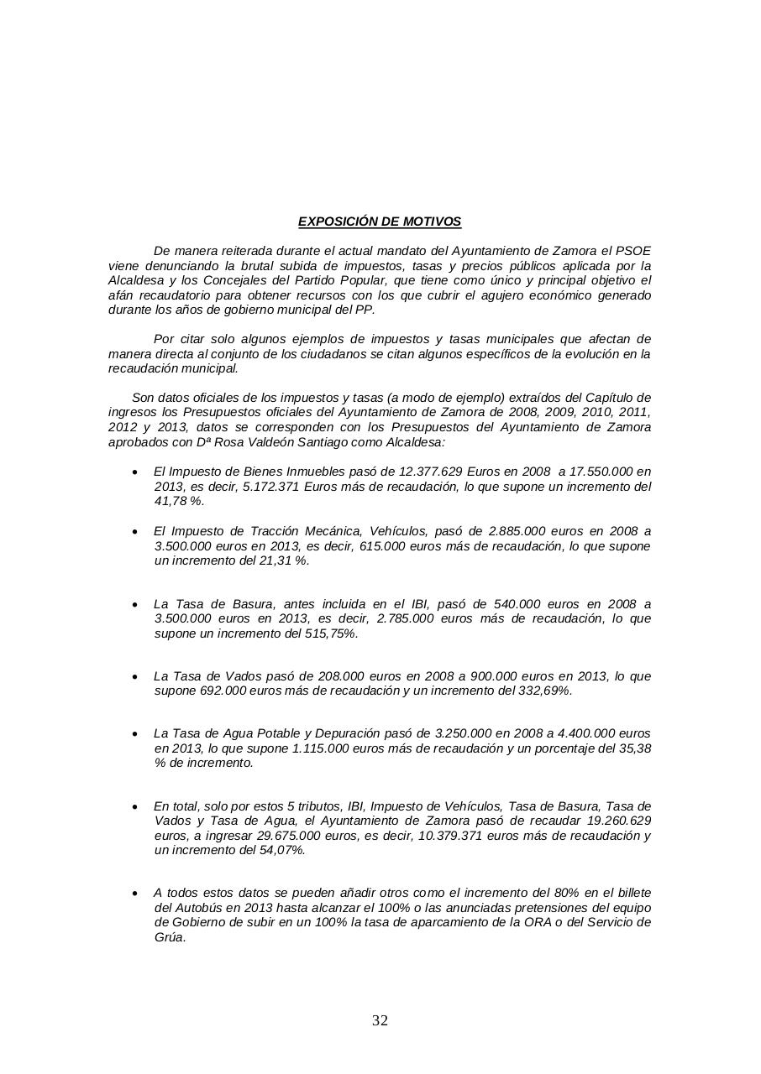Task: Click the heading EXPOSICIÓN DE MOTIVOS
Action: click(380, 222)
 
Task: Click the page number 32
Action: click(380, 1020)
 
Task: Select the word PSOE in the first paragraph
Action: click(632, 251)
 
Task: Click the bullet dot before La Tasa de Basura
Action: click(135, 604)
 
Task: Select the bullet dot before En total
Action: click(135, 806)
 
